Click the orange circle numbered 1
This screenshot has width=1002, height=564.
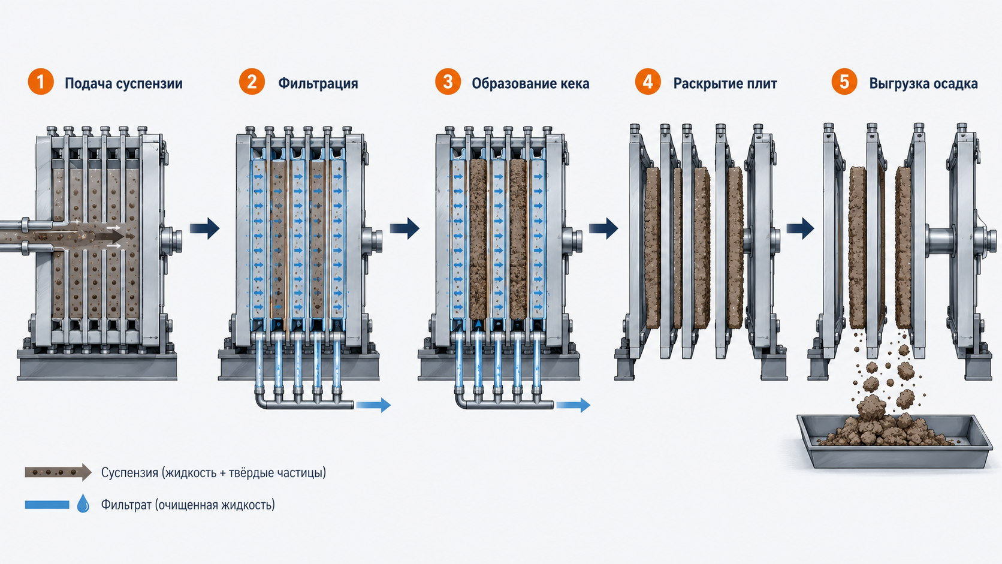point(41,82)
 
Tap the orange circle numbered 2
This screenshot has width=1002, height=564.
point(252,82)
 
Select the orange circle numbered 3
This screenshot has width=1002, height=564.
point(448,82)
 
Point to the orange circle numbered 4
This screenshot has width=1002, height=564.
point(648,82)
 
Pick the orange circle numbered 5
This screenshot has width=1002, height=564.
point(844,82)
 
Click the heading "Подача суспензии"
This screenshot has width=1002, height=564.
point(123,84)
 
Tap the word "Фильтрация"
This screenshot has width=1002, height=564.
point(318,84)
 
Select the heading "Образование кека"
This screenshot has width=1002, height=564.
point(530,84)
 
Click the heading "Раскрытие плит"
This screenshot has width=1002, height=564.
point(725,84)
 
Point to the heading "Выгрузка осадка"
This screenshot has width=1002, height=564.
point(923,84)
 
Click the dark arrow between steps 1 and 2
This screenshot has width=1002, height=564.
point(205,228)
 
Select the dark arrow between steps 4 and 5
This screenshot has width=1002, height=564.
point(800,228)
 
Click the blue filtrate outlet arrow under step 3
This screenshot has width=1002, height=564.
point(572,405)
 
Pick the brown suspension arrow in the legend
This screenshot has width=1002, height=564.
point(58,472)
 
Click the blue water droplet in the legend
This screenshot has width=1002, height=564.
point(83,503)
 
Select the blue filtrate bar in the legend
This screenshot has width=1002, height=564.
point(47,505)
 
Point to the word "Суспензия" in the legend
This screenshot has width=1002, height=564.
point(129,473)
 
